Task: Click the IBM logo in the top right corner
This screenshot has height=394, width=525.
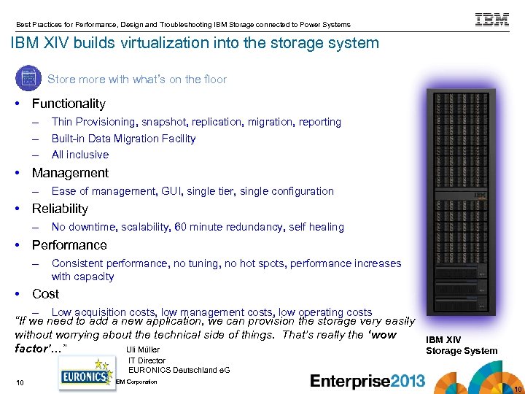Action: [x=492, y=20]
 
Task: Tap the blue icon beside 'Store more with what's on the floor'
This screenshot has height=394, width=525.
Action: [x=28, y=78]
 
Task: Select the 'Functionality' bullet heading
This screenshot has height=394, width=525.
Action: [x=69, y=104]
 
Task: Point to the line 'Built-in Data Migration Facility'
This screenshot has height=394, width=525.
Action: [x=123, y=138]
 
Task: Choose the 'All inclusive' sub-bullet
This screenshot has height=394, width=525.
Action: [x=79, y=154]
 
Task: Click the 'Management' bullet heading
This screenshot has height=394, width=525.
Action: [x=70, y=173]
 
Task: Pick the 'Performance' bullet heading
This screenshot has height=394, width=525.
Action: [x=69, y=245]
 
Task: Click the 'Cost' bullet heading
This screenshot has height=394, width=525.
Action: [x=45, y=294]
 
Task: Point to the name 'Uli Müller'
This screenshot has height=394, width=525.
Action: [x=143, y=349]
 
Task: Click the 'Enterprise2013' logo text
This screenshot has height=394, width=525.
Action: [x=367, y=380]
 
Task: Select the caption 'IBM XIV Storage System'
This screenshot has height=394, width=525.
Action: [x=461, y=345]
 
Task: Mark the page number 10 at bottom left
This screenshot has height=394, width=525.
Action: [x=20, y=383]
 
